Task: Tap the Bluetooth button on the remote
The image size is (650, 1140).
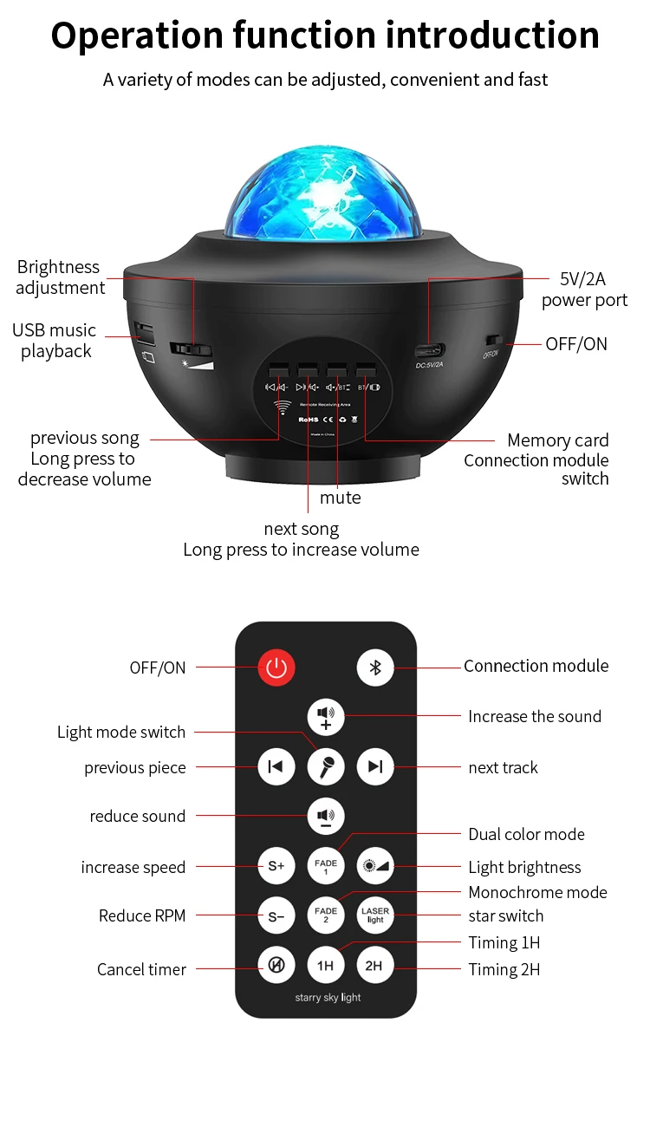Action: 375,668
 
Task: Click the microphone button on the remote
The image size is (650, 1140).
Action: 326,766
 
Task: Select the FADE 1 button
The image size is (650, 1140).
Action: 326,866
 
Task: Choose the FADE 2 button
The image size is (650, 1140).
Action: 326,915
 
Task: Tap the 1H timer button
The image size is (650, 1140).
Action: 326,965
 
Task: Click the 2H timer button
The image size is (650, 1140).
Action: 375,965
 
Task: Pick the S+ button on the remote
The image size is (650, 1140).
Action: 276,866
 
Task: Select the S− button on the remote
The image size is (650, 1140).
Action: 276,915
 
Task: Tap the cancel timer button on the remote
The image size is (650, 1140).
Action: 276,965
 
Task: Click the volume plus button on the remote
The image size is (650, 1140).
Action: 326,717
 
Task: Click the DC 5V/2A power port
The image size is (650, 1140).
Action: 431,351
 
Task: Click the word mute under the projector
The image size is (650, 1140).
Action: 340,498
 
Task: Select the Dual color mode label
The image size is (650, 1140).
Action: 526,834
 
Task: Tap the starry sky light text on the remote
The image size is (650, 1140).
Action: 328,998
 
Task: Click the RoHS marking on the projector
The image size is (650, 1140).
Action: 309,419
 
